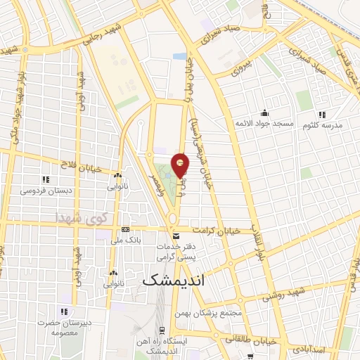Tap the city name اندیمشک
click(x=176, y=280)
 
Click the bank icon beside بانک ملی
click(x=125, y=229)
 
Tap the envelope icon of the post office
click(x=176, y=236)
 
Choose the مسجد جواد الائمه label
click(x=264, y=123)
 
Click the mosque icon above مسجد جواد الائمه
click(x=264, y=112)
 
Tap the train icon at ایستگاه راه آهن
click(x=162, y=330)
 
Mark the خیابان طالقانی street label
click(x=246, y=337)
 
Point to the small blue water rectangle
click(x=181, y=56)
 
